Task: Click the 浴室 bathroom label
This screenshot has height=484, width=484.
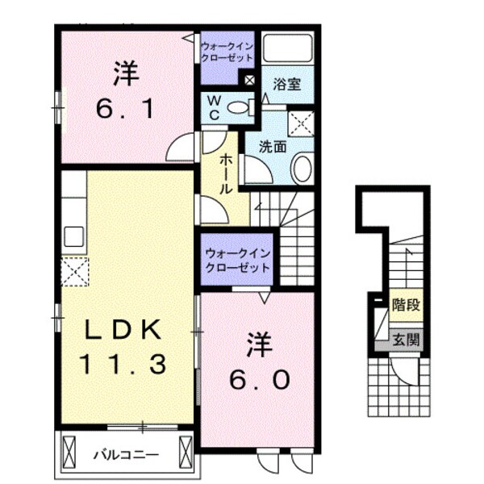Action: pyautogui.click(x=287, y=83)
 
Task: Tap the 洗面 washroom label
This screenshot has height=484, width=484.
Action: pyautogui.click(x=273, y=148)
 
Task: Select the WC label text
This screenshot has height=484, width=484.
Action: pyautogui.click(x=214, y=106)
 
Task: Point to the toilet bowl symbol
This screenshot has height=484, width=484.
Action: pyautogui.click(x=237, y=106)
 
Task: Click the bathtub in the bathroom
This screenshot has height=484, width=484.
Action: pyautogui.click(x=287, y=50)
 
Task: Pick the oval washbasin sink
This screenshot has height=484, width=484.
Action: pyautogui.click(x=302, y=169)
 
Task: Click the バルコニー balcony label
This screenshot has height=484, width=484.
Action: pyautogui.click(x=124, y=454)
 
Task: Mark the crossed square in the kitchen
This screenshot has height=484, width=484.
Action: pyautogui.click(x=74, y=271)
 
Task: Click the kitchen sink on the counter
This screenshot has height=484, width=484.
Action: pyautogui.click(x=73, y=237)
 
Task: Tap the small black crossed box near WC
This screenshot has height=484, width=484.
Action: pyautogui.click(x=248, y=81)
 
